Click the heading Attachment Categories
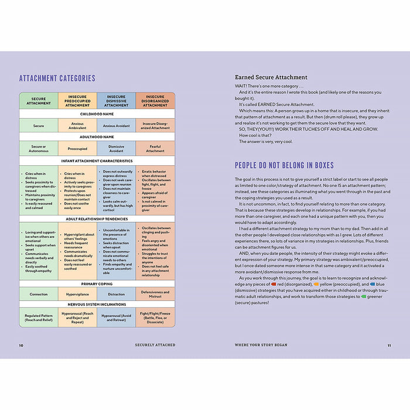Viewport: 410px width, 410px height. pos(57,78)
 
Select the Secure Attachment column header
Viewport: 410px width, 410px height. pos(39,100)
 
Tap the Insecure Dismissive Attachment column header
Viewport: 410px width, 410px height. pos(116,100)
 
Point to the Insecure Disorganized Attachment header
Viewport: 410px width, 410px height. pos(155,100)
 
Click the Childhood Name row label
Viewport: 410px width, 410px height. pos(97,114)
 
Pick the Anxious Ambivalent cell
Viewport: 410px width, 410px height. pos(77,125)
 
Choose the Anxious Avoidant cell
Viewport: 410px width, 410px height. pos(116,125)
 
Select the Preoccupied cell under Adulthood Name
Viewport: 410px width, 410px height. pos(77,148)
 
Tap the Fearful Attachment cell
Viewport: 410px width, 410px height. pos(155,148)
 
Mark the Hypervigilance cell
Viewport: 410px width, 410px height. pos(77,294)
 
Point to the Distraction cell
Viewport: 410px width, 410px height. pos(116,294)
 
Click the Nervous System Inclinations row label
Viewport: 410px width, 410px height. pos(97,305)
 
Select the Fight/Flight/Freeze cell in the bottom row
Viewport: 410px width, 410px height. pos(155,318)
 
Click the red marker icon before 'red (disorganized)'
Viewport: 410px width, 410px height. pos(274,283)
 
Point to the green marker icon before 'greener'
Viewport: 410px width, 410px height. pos(364,296)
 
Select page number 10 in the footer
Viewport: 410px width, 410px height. pos(21,345)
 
